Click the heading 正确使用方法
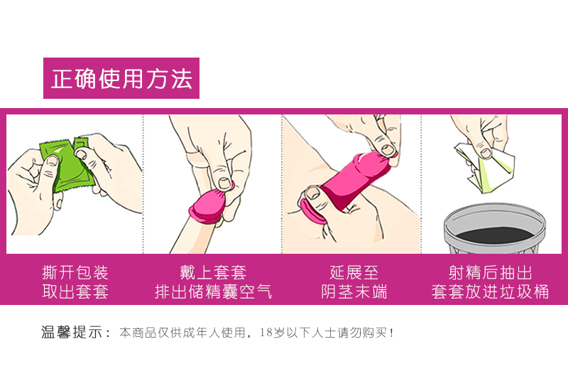click(x=121, y=78)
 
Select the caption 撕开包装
click(x=75, y=273)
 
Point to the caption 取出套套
click(x=75, y=291)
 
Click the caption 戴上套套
click(x=213, y=273)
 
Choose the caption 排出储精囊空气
click(x=213, y=291)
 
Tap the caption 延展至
click(x=354, y=273)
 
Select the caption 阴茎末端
click(x=354, y=291)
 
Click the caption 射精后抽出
click(x=490, y=273)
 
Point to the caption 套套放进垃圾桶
click(x=490, y=291)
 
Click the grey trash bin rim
click(x=495, y=212)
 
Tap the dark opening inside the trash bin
click(x=495, y=235)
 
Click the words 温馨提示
click(x=72, y=332)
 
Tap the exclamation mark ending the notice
click(x=391, y=332)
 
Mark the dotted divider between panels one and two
click(x=143, y=184)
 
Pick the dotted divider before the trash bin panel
click(x=421, y=184)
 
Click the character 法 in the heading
click(x=182, y=78)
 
